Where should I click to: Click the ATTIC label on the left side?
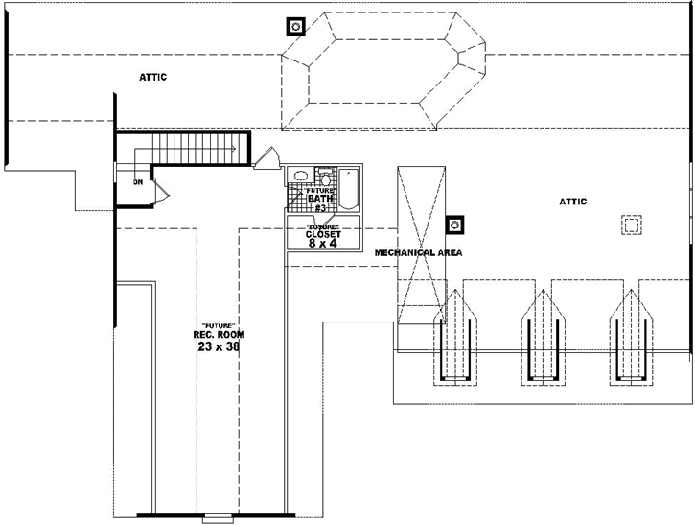[152, 77]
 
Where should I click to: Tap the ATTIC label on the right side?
[572, 201]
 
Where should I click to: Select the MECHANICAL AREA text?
[418, 252]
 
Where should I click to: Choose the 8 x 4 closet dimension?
[323, 244]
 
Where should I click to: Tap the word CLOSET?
[323, 234]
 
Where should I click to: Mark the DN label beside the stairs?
[139, 180]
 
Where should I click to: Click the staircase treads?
[193, 150]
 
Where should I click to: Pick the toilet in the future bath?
[325, 177]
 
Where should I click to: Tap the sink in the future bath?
[300, 177]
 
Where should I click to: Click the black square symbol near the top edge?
[296, 26]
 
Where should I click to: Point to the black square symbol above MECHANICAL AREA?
[456, 225]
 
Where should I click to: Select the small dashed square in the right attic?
[631, 225]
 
